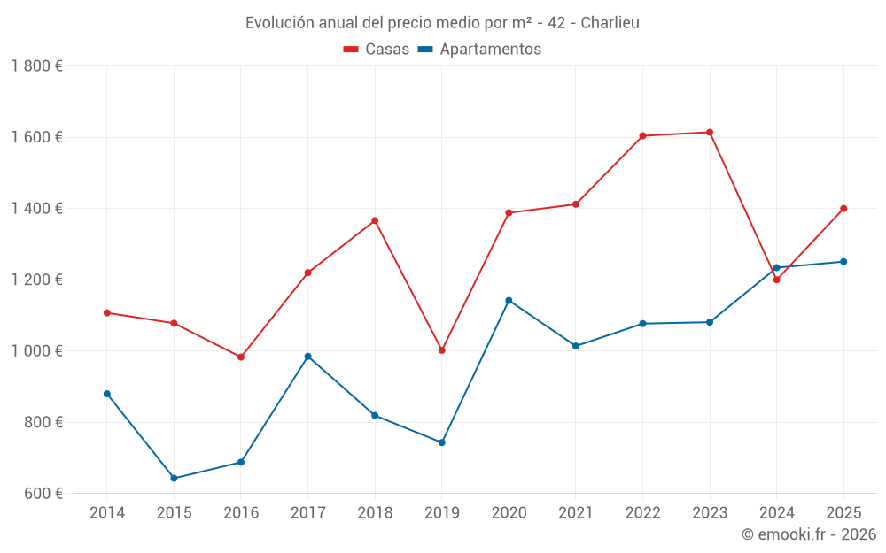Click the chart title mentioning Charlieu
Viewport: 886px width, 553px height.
[x=442, y=22]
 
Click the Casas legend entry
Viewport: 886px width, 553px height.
[x=377, y=49]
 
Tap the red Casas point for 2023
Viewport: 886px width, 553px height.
[x=710, y=133]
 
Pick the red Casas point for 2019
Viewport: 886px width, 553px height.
[x=442, y=350]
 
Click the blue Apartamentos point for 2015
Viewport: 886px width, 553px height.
[x=174, y=479]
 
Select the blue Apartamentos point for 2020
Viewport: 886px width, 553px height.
[x=509, y=301]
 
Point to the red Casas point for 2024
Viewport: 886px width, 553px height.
[x=777, y=280]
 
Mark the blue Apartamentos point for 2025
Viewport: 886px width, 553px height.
[x=843, y=262]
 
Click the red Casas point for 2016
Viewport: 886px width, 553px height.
[x=241, y=357]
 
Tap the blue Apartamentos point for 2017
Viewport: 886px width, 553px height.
[x=308, y=357]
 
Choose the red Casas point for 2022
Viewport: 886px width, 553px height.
[x=642, y=136]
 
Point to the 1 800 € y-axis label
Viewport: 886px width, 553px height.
[x=36, y=66]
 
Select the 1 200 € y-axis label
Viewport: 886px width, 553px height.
[x=36, y=280]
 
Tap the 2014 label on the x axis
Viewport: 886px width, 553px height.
[x=107, y=513]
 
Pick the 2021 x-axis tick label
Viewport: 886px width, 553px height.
[x=576, y=513]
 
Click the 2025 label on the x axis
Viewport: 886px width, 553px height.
[x=843, y=513]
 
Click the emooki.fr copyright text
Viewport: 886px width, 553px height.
[x=809, y=534]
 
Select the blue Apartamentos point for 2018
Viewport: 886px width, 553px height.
[x=375, y=416]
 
